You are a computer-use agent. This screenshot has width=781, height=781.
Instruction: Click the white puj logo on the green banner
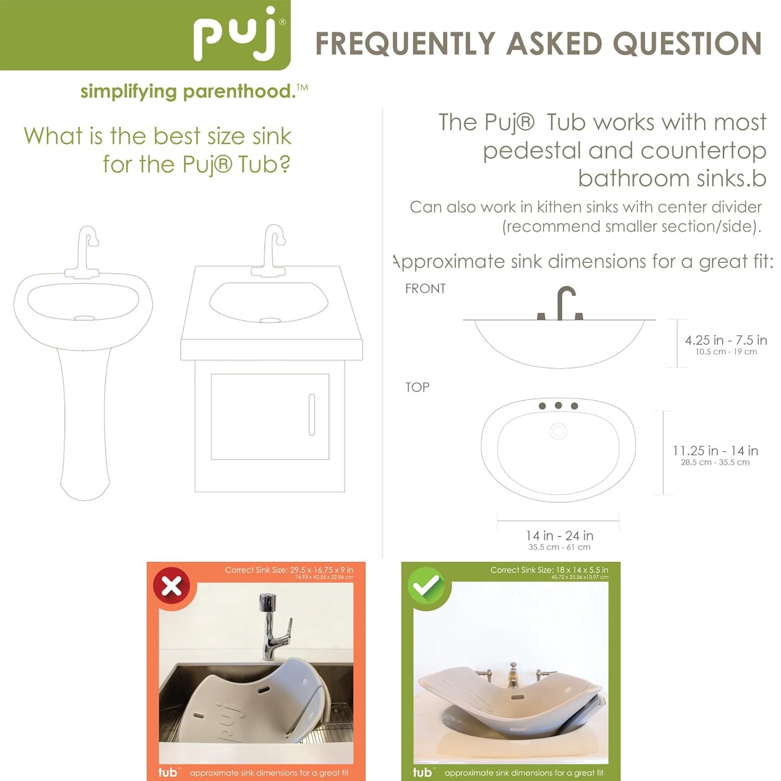(238, 35)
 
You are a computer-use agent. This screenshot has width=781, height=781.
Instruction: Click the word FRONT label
(425, 288)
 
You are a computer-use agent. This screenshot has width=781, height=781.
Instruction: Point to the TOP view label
(417, 387)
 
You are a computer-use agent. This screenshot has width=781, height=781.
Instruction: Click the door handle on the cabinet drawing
(312, 414)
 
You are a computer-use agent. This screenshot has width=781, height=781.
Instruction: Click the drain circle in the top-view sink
(558, 431)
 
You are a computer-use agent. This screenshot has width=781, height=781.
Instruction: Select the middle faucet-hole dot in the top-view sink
(558, 405)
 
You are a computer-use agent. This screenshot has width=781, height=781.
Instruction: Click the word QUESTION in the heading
(687, 43)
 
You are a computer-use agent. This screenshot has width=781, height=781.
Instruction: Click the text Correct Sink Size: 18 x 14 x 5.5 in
(549, 570)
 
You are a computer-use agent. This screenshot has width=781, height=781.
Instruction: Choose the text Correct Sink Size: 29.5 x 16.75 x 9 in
(289, 570)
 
